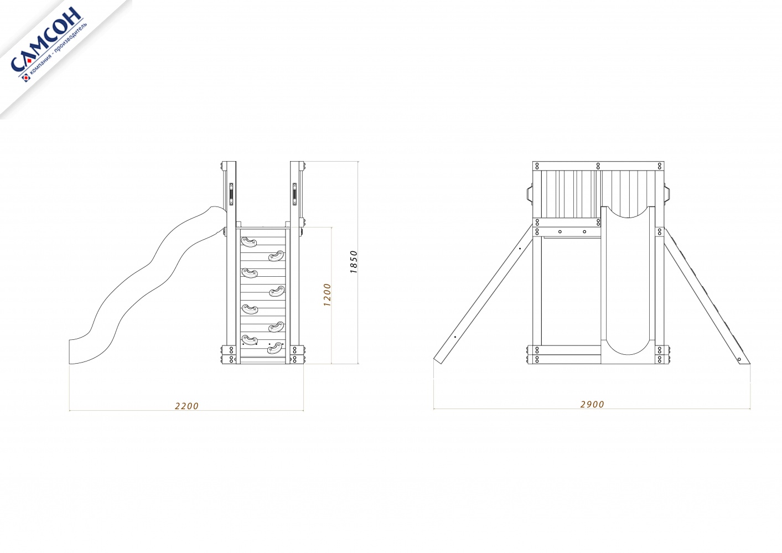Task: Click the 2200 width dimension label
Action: pos(187,406)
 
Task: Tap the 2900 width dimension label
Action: pos(592,404)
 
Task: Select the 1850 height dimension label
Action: pos(354,262)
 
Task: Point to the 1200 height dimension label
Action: pos(327,295)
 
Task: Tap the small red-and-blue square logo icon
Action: pos(26,77)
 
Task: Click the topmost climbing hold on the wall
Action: pos(249,242)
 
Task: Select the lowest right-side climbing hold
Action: pos(276,348)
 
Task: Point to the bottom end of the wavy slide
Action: pos(70,352)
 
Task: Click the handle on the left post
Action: pos(231,194)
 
